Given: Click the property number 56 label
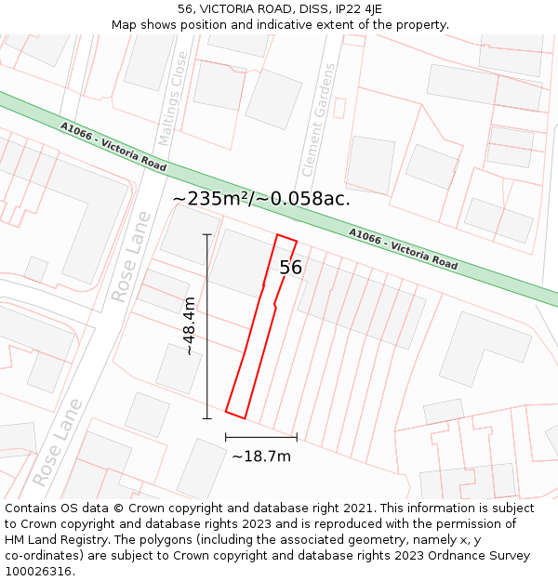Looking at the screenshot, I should point(291,268).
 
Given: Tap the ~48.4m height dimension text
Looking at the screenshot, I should point(189,326).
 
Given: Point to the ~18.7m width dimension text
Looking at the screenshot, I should point(261,456).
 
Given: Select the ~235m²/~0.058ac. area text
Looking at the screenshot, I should point(261,198).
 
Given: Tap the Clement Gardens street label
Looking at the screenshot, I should point(318,121).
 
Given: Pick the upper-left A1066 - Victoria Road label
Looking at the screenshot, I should point(113,147).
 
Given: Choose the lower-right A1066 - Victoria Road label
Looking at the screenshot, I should point(403,248).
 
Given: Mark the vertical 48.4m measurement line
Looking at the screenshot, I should point(207,326).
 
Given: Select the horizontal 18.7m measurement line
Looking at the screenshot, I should point(261,437).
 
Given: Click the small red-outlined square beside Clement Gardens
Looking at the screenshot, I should point(339,108).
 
